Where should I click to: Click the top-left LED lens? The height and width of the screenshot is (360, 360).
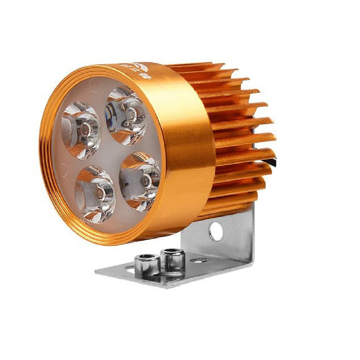point(81,130)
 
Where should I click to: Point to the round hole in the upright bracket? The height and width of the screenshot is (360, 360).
point(216,231)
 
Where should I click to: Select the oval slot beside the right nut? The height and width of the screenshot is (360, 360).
point(199,260)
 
